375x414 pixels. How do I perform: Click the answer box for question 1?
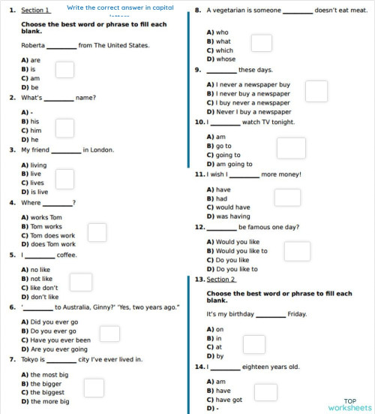click(65, 69)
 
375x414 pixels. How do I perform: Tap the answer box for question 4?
click(97, 233)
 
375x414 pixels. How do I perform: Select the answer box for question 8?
click(261, 43)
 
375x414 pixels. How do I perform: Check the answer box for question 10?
click(291, 148)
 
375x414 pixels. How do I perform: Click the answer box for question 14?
click(265, 391)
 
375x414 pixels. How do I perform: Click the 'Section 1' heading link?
click(35, 10)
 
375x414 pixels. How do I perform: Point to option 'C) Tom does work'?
click(49, 235)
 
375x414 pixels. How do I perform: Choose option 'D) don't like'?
click(40, 297)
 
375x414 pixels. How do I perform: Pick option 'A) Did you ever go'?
click(50, 322)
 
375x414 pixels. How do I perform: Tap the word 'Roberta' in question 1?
click(34, 45)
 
